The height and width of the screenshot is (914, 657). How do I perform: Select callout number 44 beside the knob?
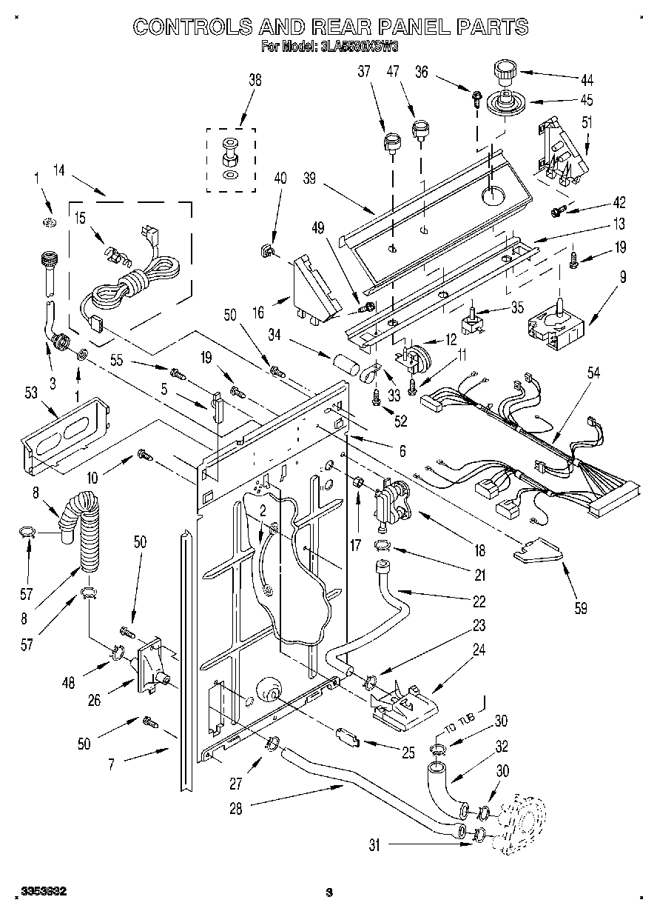[x=587, y=79]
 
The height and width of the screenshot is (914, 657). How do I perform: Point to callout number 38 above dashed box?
[x=255, y=82]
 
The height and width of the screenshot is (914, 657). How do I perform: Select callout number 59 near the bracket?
[x=580, y=609]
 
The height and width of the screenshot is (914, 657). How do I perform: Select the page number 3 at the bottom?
[x=330, y=893]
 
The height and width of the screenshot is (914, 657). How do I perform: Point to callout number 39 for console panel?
[x=311, y=179]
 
